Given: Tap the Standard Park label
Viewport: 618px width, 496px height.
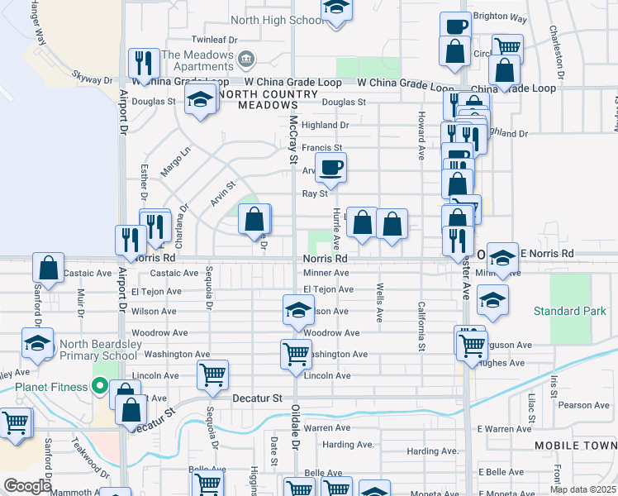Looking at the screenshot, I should [x=569, y=312].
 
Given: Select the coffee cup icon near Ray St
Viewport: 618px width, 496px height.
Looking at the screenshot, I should [x=331, y=168].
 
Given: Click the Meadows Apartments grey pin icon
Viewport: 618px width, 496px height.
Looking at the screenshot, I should [x=245, y=59].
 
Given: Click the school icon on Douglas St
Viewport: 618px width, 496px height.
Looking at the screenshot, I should [x=198, y=101].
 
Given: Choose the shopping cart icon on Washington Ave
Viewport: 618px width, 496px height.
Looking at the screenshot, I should [x=297, y=354].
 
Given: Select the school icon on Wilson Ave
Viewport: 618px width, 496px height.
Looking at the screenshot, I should [x=298, y=309].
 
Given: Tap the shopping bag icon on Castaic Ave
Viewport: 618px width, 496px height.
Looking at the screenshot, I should [x=49, y=268].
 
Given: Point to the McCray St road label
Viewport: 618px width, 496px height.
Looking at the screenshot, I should [x=292, y=139].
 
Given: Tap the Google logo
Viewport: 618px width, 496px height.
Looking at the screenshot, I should [x=27, y=486].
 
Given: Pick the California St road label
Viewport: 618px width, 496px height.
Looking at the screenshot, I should [x=421, y=322].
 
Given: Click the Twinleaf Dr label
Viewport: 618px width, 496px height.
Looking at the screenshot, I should [x=214, y=39].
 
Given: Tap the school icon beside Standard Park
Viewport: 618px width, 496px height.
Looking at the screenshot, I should [x=492, y=300].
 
